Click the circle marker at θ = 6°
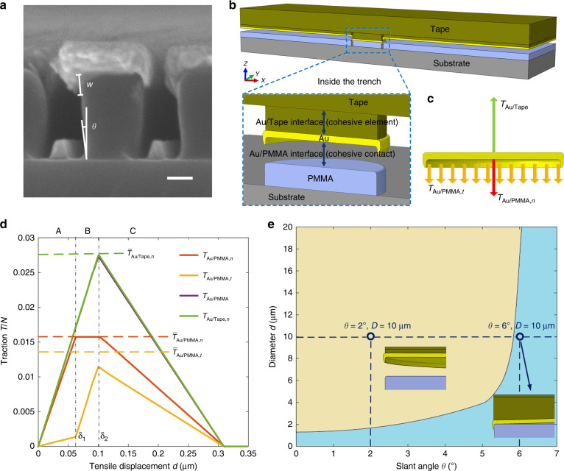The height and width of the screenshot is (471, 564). point(520,336)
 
